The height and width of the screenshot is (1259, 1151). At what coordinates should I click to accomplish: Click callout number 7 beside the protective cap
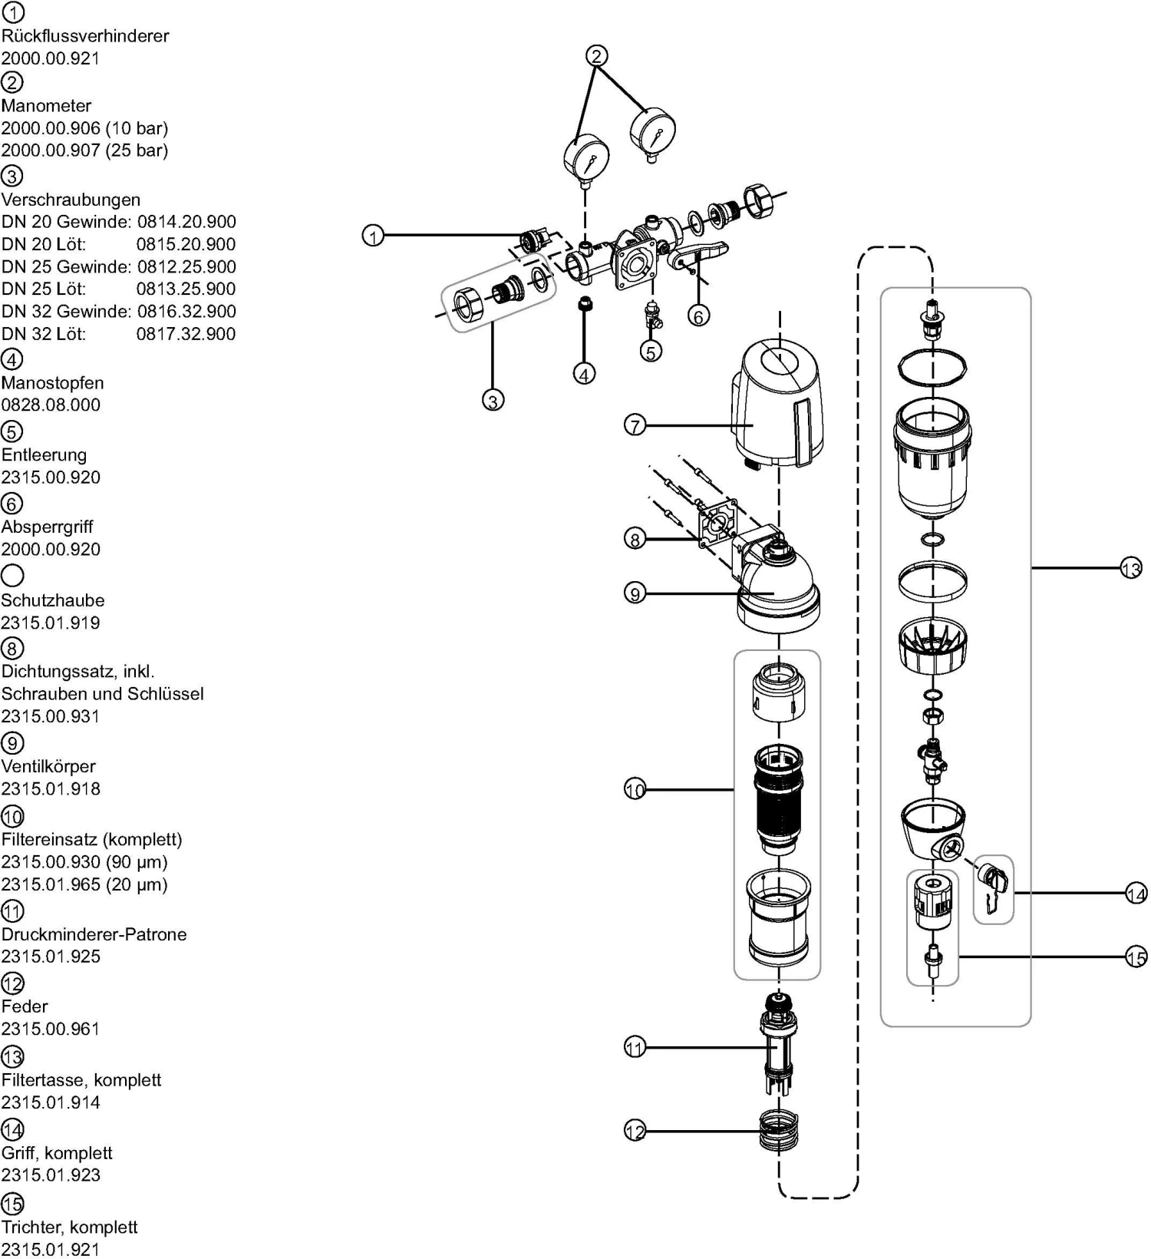[x=635, y=425]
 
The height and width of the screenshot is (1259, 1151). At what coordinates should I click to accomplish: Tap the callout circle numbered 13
[x=1131, y=569]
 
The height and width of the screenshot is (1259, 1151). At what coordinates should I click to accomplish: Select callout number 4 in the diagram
[x=584, y=374]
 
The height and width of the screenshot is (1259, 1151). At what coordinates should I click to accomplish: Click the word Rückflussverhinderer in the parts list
[x=85, y=35]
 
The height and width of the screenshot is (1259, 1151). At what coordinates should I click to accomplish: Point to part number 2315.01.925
[x=51, y=957]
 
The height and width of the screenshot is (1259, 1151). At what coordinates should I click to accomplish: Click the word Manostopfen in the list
[x=52, y=382]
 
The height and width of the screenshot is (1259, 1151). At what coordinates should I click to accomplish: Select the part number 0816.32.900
[x=186, y=311]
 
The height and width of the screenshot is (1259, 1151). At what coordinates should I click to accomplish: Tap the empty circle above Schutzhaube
[x=12, y=575]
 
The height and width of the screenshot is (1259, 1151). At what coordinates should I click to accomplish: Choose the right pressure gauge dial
[x=652, y=131]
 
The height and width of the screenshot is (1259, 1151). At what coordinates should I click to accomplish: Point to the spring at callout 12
[x=779, y=1131]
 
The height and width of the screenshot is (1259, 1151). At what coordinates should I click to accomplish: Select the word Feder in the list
[x=25, y=1006]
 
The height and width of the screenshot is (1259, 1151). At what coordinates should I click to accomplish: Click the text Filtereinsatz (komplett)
[x=91, y=839]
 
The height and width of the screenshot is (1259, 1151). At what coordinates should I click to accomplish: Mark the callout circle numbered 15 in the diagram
[x=1136, y=957]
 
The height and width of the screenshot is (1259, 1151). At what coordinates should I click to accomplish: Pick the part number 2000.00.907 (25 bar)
[x=84, y=150]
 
